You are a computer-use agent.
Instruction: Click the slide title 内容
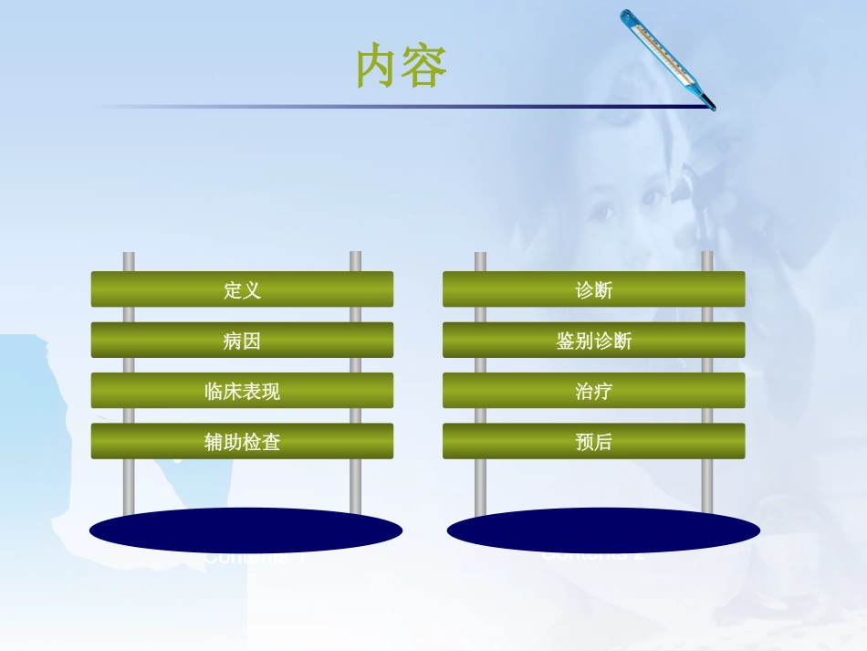tap(402, 67)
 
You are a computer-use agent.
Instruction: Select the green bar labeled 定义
tap(242, 289)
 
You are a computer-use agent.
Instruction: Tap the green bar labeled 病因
tap(242, 341)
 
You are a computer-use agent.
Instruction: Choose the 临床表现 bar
tap(242, 391)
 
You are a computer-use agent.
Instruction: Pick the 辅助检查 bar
tap(242, 441)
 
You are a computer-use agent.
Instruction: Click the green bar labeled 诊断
tap(593, 289)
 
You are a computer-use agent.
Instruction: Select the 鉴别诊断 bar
tap(593, 341)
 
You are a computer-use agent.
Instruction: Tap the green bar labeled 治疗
tap(593, 391)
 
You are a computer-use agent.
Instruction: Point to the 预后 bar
tap(593, 441)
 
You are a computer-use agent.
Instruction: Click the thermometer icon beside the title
tap(667, 58)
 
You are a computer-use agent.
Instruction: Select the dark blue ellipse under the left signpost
tap(245, 530)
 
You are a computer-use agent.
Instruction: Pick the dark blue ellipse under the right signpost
tap(603, 530)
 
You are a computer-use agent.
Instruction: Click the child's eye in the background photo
tap(601, 211)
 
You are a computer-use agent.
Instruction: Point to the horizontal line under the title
tap(402, 107)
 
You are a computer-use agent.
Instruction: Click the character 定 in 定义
tap(233, 290)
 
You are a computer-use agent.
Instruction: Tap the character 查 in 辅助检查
tap(271, 442)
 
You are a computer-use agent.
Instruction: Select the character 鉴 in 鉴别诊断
tap(566, 341)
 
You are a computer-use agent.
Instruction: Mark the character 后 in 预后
tap(603, 442)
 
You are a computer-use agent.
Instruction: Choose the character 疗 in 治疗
tap(603, 392)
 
